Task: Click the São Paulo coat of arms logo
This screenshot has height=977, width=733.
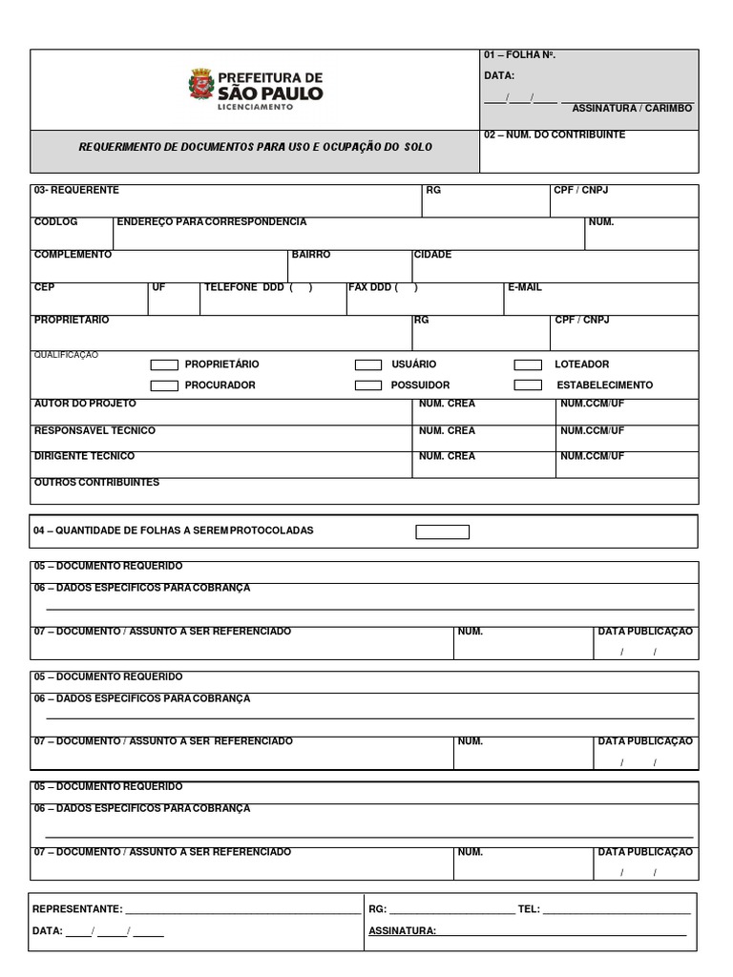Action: point(201,84)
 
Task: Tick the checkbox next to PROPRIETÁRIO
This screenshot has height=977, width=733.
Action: point(164,364)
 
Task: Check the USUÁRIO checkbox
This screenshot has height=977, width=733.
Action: point(368,364)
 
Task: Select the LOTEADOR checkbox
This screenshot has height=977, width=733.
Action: point(528,364)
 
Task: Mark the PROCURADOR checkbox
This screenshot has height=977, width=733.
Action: point(164,385)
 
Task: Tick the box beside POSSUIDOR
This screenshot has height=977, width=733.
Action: point(368,385)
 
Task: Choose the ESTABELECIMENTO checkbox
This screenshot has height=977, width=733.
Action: point(528,385)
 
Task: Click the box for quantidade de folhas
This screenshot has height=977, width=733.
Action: point(442,531)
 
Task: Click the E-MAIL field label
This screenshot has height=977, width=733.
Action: point(524,287)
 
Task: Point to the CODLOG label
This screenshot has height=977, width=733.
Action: point(55,222)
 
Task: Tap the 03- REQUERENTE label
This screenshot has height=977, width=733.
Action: point(76,190)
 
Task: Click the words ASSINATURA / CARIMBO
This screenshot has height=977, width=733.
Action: point(632,109)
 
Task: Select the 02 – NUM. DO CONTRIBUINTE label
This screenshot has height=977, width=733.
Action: point(555,135)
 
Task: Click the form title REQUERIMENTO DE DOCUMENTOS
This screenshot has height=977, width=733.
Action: point(255,148)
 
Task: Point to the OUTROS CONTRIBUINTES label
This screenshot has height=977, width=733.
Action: point(96,483)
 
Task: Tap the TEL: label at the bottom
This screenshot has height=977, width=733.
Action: point(529,909)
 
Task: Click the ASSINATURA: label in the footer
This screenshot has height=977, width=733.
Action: point(402,930)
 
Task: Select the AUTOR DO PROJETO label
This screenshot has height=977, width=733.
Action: point(85,404)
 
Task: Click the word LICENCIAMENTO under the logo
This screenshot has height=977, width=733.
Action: point(257,107)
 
